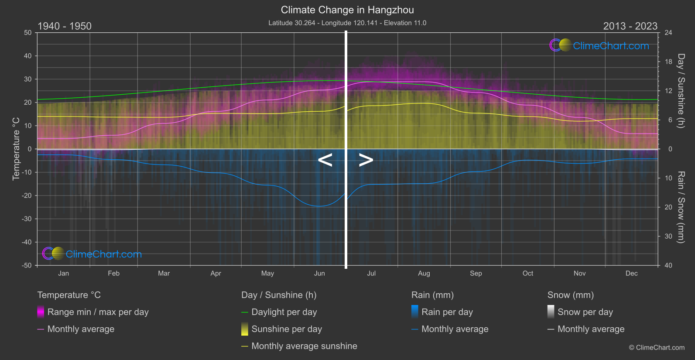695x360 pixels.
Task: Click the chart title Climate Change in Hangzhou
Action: [347, 10]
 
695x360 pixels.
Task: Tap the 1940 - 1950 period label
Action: [65, 26]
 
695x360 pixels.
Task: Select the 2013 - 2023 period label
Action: [630, 26]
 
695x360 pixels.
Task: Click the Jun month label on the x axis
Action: [319, 273]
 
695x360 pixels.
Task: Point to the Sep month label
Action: [476, 273]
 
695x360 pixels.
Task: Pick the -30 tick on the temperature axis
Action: [27, 219]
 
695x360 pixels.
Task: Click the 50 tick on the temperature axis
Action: [28, 33]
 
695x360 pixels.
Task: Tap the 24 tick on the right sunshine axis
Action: [668, 33]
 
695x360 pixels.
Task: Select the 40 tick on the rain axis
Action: [668, 265]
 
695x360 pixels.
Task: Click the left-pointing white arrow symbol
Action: [325, 160]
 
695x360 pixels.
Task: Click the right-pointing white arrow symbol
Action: [366, 160]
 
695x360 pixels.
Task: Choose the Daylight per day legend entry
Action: [284, 312]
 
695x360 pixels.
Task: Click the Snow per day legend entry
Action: [585, 312]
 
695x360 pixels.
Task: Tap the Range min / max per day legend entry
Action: [98, 312]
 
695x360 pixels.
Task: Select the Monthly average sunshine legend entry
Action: [304, 346]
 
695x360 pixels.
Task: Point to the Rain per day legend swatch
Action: [415, 312]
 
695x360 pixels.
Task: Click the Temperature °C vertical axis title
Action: [16, 148]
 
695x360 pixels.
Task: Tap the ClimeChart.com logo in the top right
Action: [599, 45]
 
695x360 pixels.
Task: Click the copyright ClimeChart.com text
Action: [657, 347]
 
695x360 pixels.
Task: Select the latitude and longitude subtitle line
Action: [347, 23]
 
